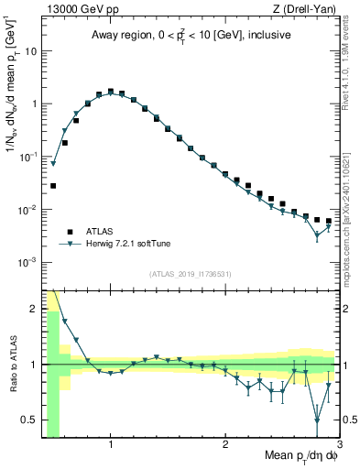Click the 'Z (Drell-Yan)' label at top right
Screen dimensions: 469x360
306,9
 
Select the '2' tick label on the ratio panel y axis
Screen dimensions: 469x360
33,309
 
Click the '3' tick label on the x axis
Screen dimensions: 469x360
339,445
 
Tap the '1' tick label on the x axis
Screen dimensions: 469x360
111,445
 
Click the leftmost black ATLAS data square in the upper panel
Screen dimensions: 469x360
53,186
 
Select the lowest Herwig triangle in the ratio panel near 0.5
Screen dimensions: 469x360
317,420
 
